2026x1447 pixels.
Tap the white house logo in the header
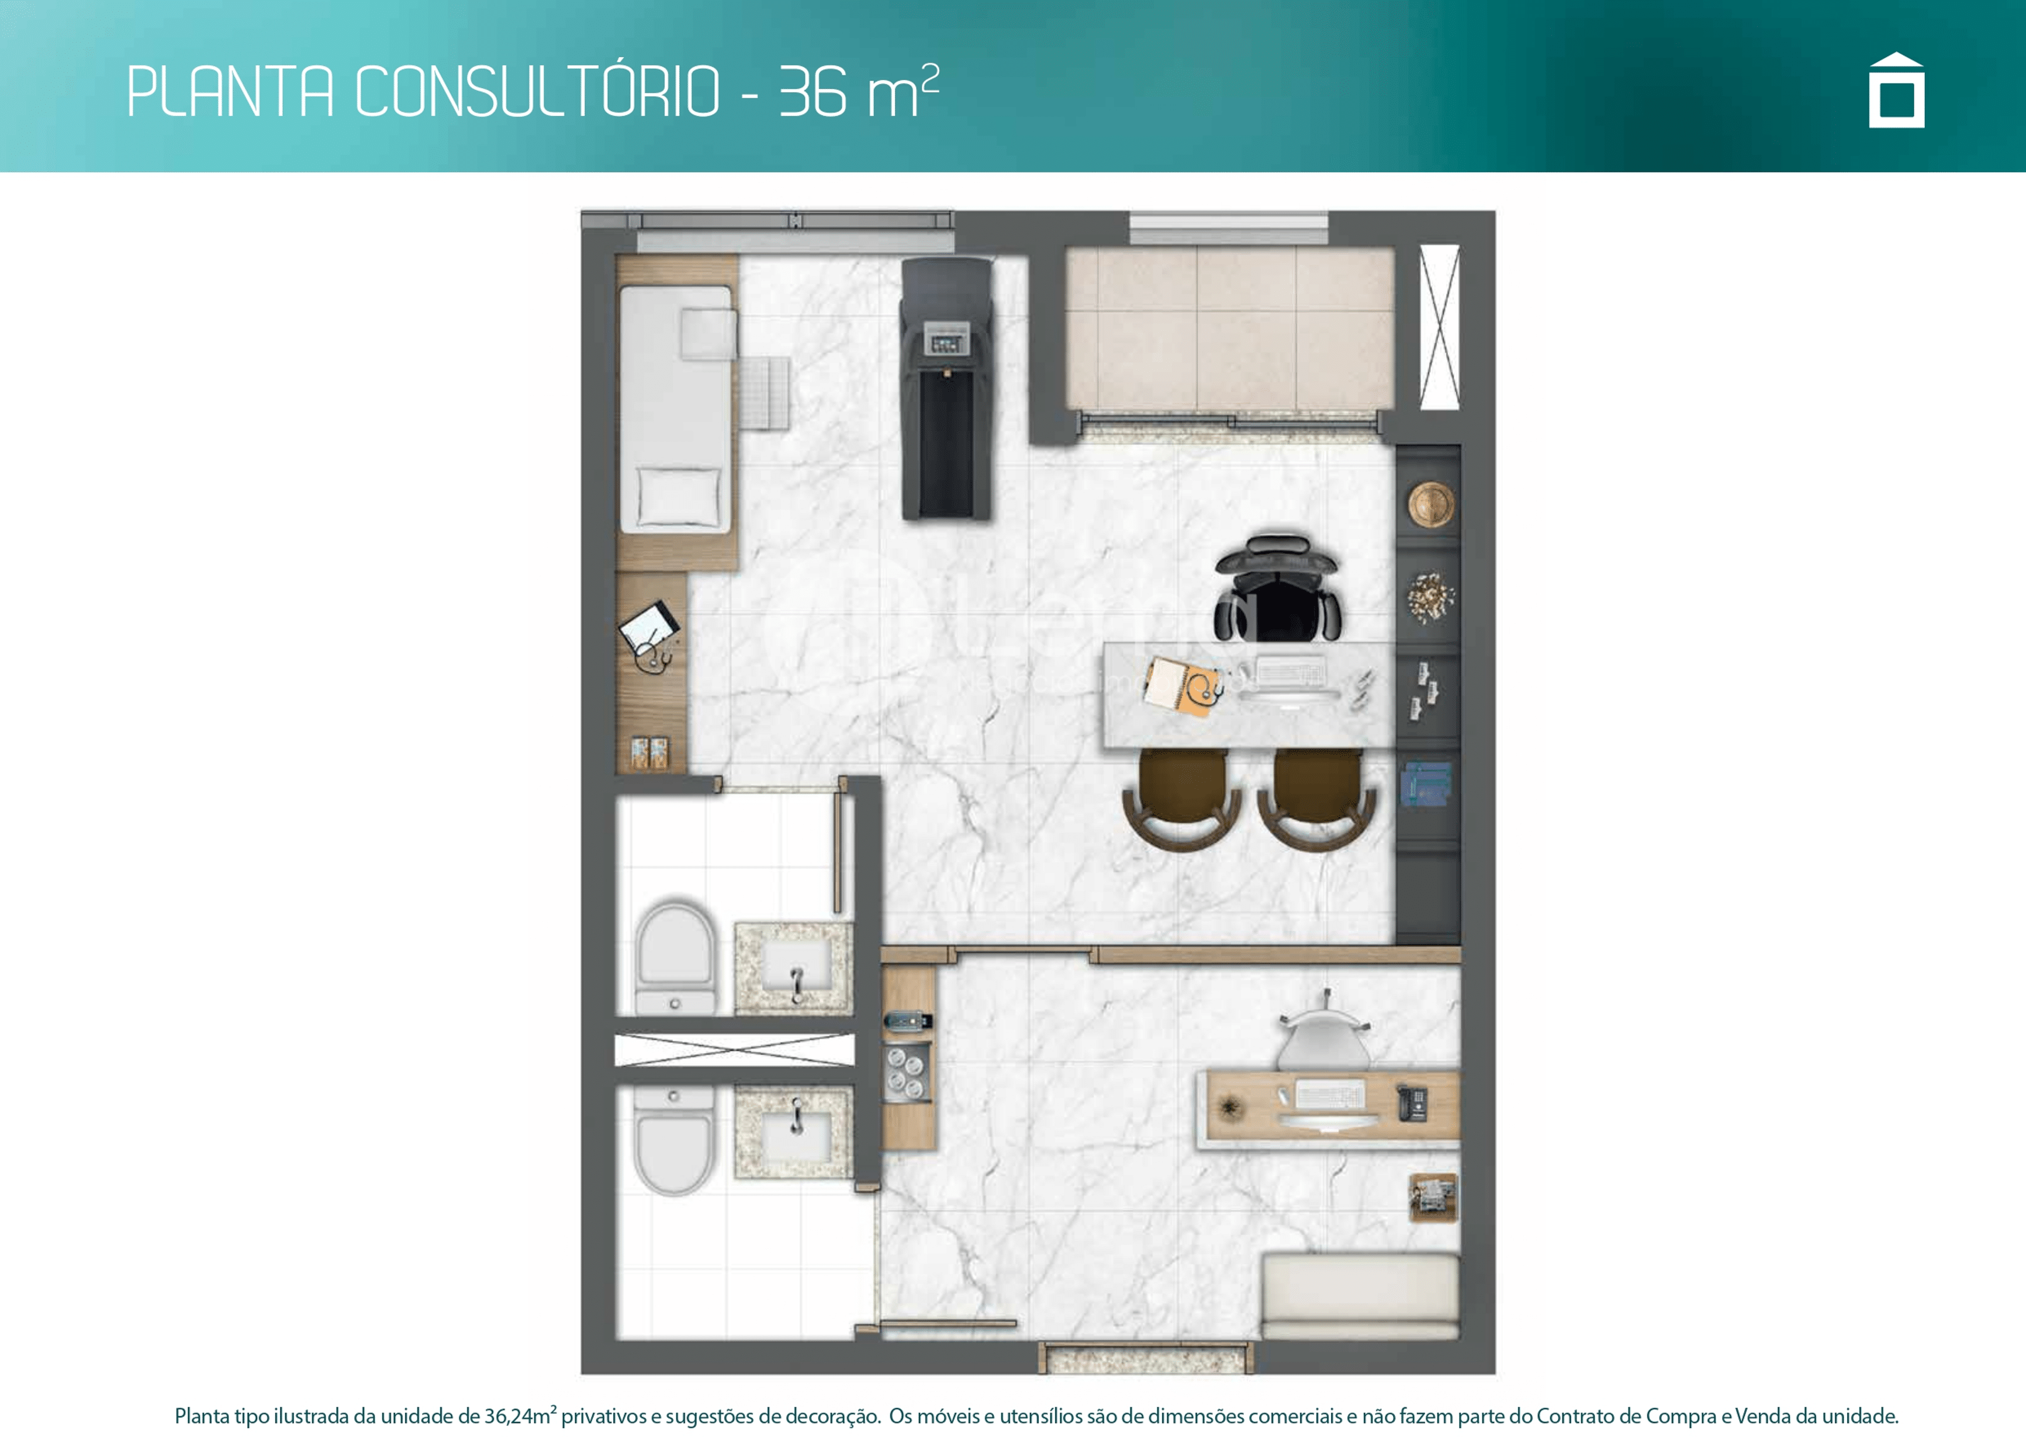point(1896,90)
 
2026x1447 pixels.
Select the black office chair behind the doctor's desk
point(1277,588)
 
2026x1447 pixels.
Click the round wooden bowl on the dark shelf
point(1431,503)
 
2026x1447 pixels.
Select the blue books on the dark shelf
point(1426,784)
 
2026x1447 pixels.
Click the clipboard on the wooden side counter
point(649,626)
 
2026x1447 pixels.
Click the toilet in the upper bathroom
point(675,958)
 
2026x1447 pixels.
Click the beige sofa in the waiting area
point(1360,1296)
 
